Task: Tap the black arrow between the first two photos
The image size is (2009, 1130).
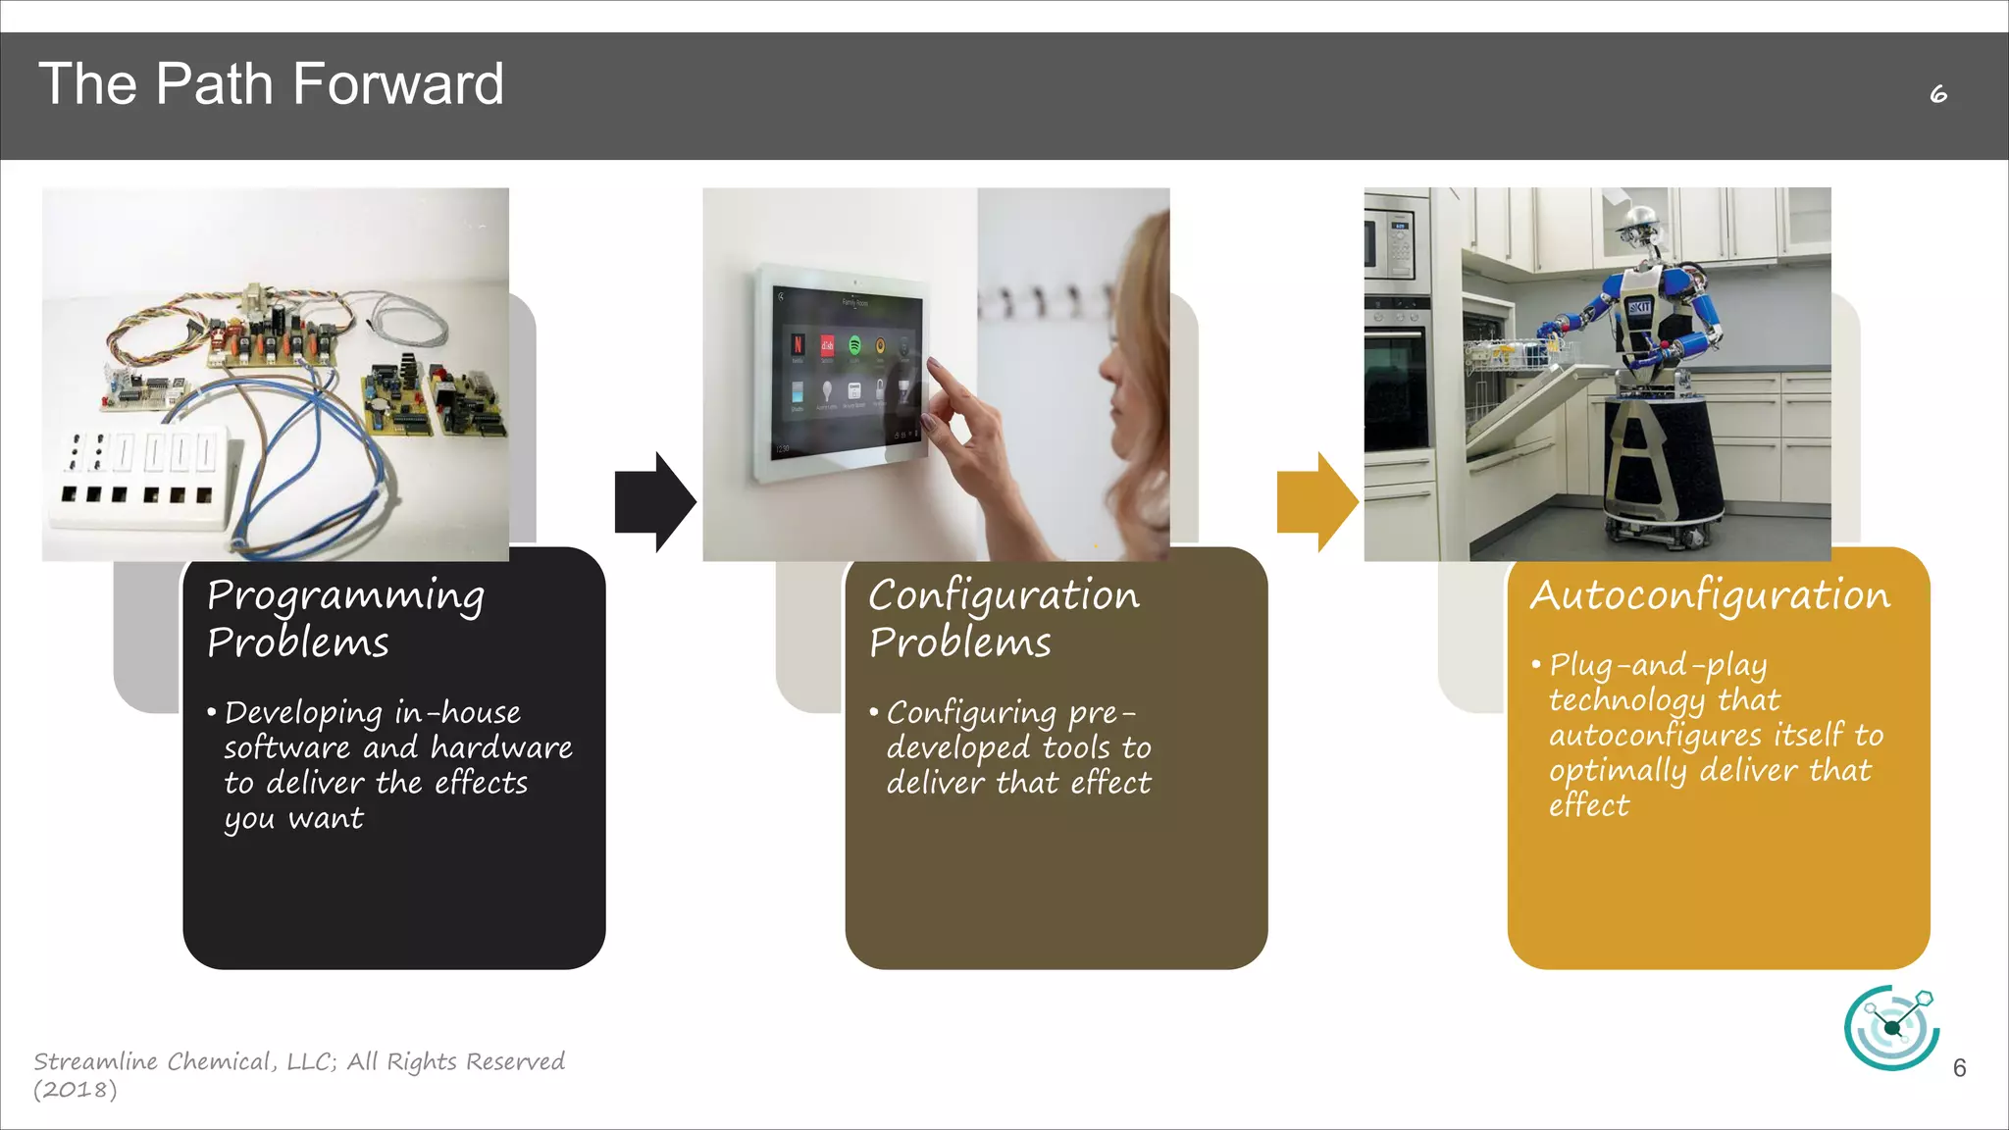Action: [x=653, y=501]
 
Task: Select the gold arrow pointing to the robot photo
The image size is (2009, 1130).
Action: [x=1315, y=501]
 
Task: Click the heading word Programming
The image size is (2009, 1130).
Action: [x=345, y=595]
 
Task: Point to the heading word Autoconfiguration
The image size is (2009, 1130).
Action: [x=1710, y=595]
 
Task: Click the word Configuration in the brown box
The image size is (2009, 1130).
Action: [x=1004, y=595]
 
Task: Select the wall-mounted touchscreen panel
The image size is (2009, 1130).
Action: [x=839, y=373]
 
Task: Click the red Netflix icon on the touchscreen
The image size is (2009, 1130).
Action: [x=798, y=344]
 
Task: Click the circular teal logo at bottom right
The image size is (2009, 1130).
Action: [x=1890, y=1027]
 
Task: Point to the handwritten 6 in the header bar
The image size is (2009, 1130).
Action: [x=1938, y=94]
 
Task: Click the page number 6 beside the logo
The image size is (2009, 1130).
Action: [x=1959, y=1068]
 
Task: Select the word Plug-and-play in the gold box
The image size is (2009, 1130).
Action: [x=1658, y=665]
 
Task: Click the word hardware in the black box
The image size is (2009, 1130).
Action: [x=501, y=748]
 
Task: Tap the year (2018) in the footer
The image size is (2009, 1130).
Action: [x=76, y=1090]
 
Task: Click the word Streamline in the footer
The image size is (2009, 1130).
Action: [x=95, y=1061]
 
